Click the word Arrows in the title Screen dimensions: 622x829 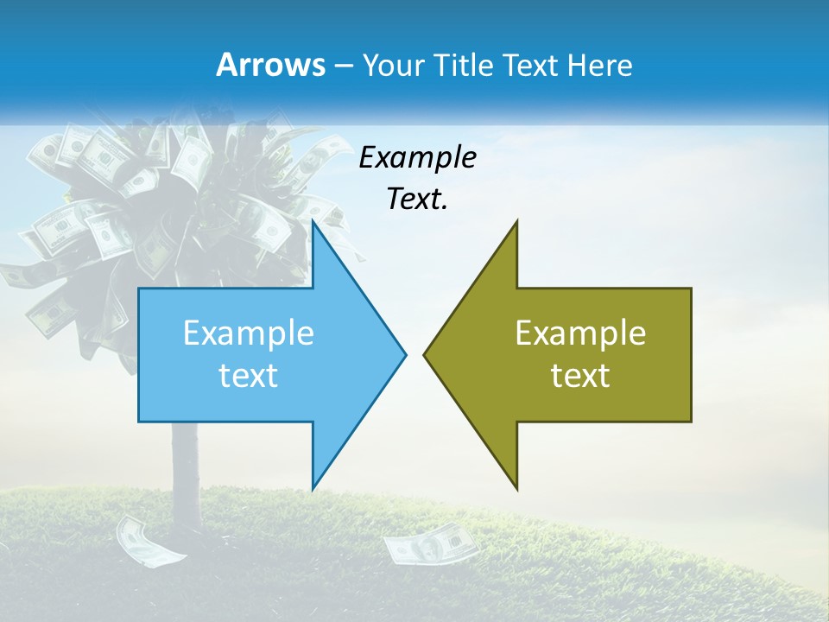(x=269, y=66)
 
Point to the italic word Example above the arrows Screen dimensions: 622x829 (x=417, y=158)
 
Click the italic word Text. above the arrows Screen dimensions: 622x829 (x=417, y=200)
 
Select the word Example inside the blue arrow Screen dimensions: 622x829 (x=249, y=333)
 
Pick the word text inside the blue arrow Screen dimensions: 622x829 (x=249, y=376)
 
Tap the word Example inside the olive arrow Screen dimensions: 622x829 (x=580, y=333)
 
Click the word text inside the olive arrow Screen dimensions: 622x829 (x=580, y=376)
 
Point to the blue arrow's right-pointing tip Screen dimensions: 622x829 (x=404, y=354)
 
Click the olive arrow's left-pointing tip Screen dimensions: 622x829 (x=425, y=354)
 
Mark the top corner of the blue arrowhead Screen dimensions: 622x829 (x=313, y=222)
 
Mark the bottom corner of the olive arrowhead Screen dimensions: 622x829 (x=516, y=488)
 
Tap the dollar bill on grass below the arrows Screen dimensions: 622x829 (x=429, y=547)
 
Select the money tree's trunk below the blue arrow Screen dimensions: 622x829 (x=185, y=466)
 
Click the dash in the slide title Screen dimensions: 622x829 (x=344, y=66)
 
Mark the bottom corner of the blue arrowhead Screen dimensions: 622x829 (x=313, y=487)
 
